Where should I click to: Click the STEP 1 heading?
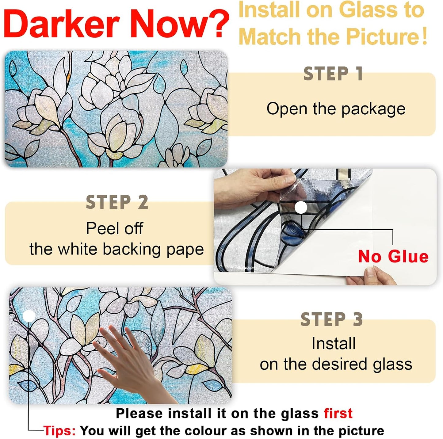click(x=333, y=74)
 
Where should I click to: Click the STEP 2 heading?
click(x=117, y=203)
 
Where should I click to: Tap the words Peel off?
click(x=114, y=228)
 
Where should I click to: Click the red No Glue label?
click(x=393, y=256)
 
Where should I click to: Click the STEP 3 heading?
click(x=332, y=320)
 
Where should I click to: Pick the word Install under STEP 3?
click(x=334, y=343)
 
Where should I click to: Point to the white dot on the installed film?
click(x=29, y=316)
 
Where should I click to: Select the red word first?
click(x=338, y=414)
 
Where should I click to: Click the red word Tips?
click(x=59, y=431)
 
